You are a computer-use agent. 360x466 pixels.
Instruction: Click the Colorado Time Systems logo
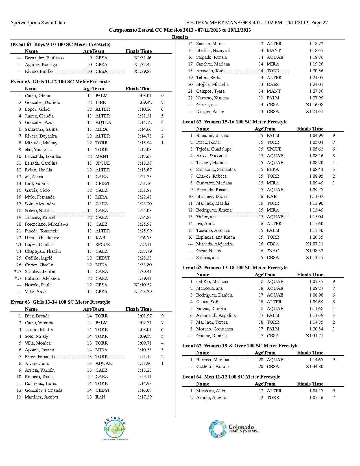(234, 429)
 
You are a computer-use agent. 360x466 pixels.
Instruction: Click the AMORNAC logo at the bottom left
(115, 428)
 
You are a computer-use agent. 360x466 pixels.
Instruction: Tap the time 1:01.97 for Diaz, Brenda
(145, 316)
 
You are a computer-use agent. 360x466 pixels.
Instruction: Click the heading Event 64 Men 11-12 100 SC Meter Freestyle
(231, 377)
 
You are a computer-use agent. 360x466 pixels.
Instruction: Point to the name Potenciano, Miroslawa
(46, 224)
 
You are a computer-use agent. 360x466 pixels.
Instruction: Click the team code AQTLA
(103, 123)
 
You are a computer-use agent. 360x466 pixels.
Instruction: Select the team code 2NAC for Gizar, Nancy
(273, 251)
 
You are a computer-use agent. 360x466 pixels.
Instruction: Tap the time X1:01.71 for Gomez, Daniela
(314, 336)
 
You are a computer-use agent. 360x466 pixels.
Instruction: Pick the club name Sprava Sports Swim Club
(38, 23)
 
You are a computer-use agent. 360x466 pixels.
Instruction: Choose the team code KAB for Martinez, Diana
(272, 197)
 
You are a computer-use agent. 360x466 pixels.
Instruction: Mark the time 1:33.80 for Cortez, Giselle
(145, 265)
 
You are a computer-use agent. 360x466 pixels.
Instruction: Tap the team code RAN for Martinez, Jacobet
(100, 397)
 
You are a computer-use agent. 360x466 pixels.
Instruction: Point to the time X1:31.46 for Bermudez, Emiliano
(143, 58)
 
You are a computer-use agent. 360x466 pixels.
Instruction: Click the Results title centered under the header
(180, 37)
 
